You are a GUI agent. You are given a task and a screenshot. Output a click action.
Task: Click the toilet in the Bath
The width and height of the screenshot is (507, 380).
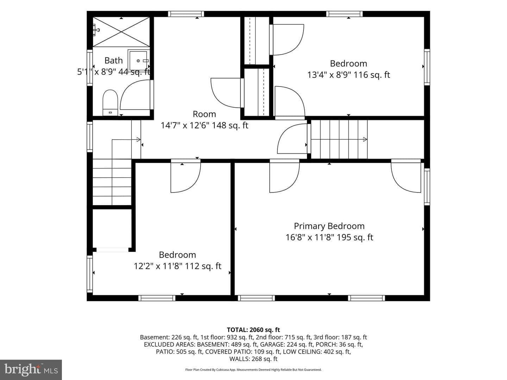[110, 102]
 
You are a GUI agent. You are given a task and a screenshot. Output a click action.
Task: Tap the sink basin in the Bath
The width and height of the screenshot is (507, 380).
[138, 61]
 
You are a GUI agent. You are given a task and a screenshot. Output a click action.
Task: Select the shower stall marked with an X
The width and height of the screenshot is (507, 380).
[121, 32]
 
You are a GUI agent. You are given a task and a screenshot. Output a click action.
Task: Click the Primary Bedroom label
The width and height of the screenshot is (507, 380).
[329, 226]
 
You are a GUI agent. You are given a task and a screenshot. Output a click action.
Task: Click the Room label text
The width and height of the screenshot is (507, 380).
[204, 114]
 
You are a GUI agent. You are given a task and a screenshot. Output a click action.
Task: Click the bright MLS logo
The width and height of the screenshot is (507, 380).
[31, 369]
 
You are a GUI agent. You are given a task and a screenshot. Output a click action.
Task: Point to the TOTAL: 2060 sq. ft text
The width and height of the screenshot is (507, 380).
[254, 330]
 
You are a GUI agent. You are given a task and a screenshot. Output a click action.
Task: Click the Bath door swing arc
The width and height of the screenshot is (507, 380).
[135, 95]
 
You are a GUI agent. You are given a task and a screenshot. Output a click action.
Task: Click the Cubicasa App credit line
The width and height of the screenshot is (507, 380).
[254, 369]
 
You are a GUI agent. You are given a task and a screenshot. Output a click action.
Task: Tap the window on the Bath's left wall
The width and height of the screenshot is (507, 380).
[90, 67]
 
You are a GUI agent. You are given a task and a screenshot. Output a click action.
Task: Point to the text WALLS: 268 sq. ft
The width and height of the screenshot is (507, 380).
[254, 359]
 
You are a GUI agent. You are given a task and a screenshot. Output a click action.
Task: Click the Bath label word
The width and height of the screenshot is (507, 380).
[113, 61]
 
